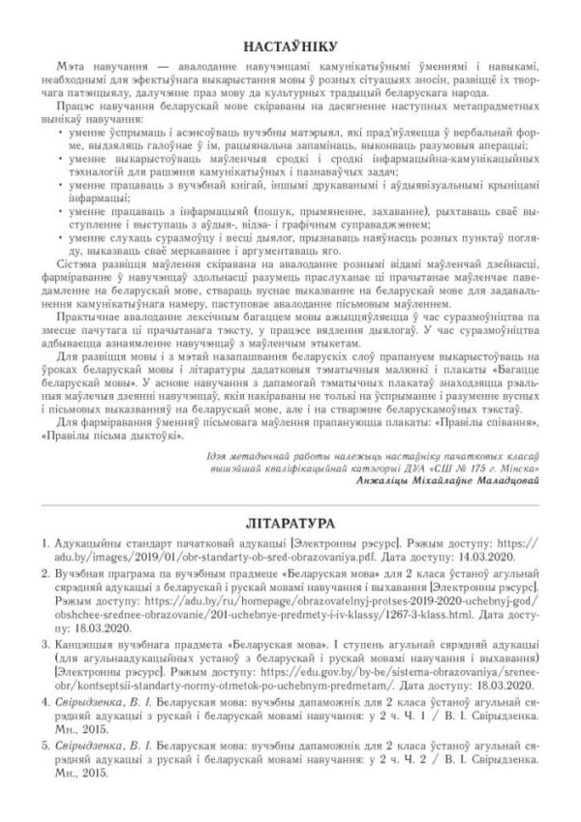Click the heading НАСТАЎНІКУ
[290, 46]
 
